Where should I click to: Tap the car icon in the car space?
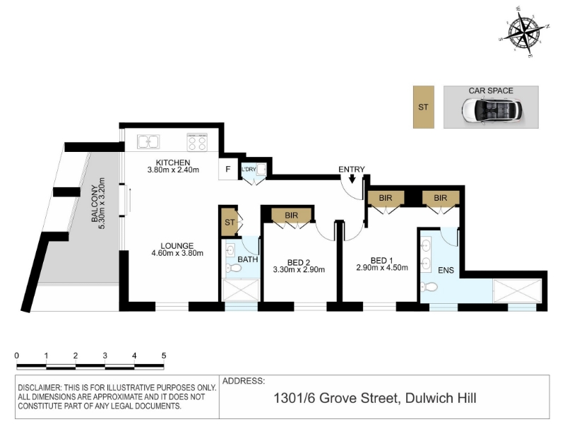pos(492,110)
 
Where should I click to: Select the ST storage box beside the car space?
pos(423,107)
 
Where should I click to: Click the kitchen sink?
pos(148,142)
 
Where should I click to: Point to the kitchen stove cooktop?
pos(197,142)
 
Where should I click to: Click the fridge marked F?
pos(228,169)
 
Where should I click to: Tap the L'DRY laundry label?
pos(249,169)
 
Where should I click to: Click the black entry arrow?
pos(352,179)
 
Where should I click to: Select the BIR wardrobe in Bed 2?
pos(291,216)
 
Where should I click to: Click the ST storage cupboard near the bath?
pos(228,223)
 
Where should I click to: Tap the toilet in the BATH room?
pos(234,269)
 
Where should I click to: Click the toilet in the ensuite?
pos(429,288)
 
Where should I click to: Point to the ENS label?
pos(446,270)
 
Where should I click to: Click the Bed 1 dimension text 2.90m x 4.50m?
pos(382,268)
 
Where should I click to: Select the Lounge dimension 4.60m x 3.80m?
pos(177,253)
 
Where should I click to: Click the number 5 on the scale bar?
pos(164,356)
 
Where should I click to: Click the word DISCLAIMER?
pos(40,388)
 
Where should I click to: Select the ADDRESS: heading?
pos(244,381)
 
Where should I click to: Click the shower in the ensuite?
pos(517,291)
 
